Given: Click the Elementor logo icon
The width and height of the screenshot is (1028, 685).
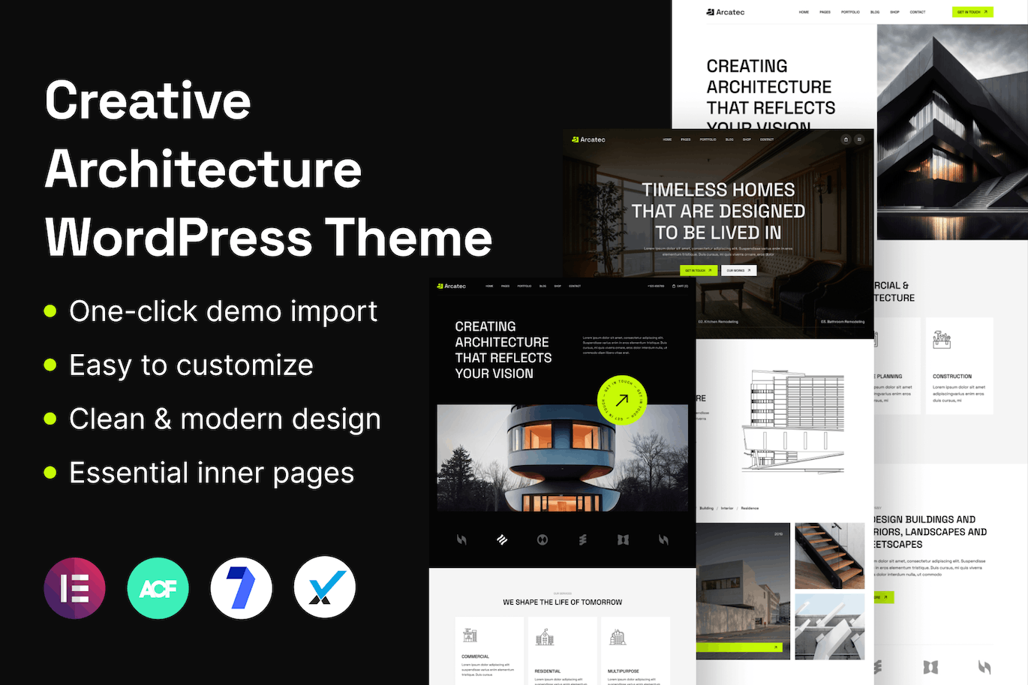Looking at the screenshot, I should (75, 587).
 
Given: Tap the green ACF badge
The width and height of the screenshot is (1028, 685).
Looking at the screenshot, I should (158, 587).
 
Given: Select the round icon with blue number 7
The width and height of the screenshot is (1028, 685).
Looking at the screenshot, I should (241, 587).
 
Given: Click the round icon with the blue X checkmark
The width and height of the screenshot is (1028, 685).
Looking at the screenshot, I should (324, 587).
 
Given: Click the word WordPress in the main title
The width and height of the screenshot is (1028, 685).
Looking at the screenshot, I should (179, 237).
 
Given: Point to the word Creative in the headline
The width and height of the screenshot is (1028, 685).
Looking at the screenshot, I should (148, 100).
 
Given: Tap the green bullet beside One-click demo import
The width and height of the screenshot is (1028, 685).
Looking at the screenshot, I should (50, 311).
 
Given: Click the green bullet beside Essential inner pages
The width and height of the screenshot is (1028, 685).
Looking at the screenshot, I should (50, 472).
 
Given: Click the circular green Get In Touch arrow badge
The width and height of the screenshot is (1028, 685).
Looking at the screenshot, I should (622, 401).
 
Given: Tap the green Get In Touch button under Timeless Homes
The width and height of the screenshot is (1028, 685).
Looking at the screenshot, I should (698, 270).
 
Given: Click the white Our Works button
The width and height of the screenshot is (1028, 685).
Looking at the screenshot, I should (738, 270).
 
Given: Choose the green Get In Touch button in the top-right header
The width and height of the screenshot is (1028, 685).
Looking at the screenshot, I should (972, 12).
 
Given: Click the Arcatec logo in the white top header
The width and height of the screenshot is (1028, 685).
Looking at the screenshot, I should (725, 12).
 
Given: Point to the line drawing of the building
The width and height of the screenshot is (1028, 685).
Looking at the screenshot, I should (794, 420).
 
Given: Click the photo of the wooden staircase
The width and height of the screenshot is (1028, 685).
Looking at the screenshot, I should (829, 555).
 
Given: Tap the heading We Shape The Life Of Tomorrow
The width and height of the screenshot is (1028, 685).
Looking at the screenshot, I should (562, 602).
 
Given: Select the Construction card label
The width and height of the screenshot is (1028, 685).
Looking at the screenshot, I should (951, 377).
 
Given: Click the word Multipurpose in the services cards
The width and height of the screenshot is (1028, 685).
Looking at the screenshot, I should (623, 671).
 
